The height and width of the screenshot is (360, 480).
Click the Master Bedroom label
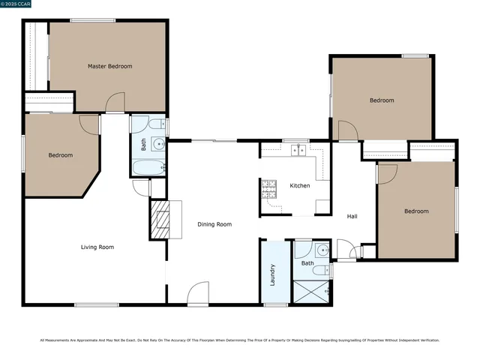109,67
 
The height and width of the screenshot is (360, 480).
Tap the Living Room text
97,247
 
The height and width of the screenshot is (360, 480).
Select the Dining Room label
214,224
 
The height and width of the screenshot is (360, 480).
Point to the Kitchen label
300,186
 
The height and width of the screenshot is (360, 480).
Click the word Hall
352,217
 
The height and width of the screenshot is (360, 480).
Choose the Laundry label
272,275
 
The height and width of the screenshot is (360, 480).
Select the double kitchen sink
299,150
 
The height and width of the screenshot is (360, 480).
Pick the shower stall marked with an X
310,291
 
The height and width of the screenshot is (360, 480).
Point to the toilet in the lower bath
318,269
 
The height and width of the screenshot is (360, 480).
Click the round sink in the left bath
158,145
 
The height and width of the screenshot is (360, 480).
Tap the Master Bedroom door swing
115,103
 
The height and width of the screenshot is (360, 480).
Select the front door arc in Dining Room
198,292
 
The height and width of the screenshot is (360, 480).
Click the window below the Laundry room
276,304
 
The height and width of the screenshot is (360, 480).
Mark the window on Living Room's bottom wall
96,304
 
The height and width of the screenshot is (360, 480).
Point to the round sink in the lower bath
322,249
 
